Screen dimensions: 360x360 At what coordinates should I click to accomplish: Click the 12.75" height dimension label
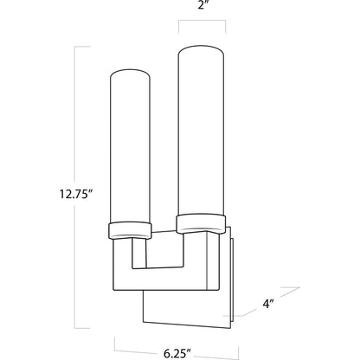[x=75, y=194]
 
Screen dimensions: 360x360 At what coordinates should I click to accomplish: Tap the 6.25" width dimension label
[x=177, y=353]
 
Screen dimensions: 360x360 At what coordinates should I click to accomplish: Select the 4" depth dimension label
[x=268, y=304]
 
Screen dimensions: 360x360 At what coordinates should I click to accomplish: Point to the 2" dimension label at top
[x=202, y=5]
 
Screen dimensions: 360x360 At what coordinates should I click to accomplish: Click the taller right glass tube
[x=201, y=131]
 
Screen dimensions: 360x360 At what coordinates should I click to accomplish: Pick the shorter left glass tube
[x=130, y=146]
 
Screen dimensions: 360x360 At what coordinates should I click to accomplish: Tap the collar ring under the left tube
[x=130, y=230]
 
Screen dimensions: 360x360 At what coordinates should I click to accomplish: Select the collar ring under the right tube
[x=201, y=223]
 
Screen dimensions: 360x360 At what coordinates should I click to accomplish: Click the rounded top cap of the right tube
[x=201, y=49]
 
